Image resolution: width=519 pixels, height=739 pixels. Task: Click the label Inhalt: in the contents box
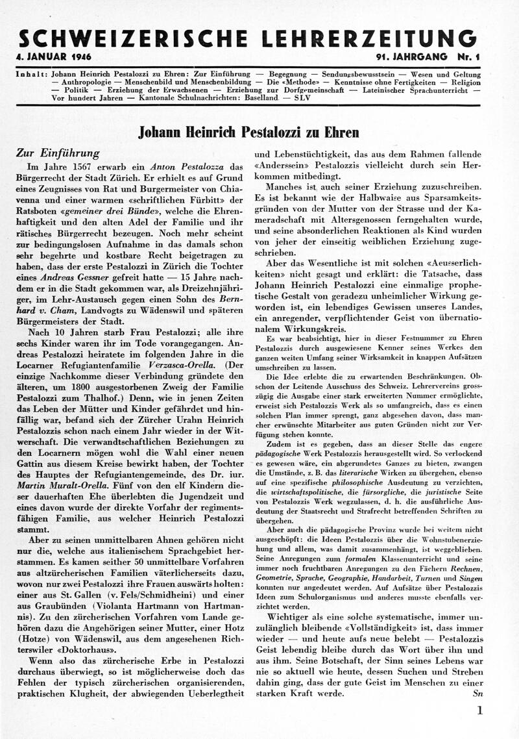point(31,74)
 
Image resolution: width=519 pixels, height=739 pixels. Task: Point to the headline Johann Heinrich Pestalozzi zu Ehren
point(248,133)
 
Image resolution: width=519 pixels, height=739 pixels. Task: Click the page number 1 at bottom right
point(480,710)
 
